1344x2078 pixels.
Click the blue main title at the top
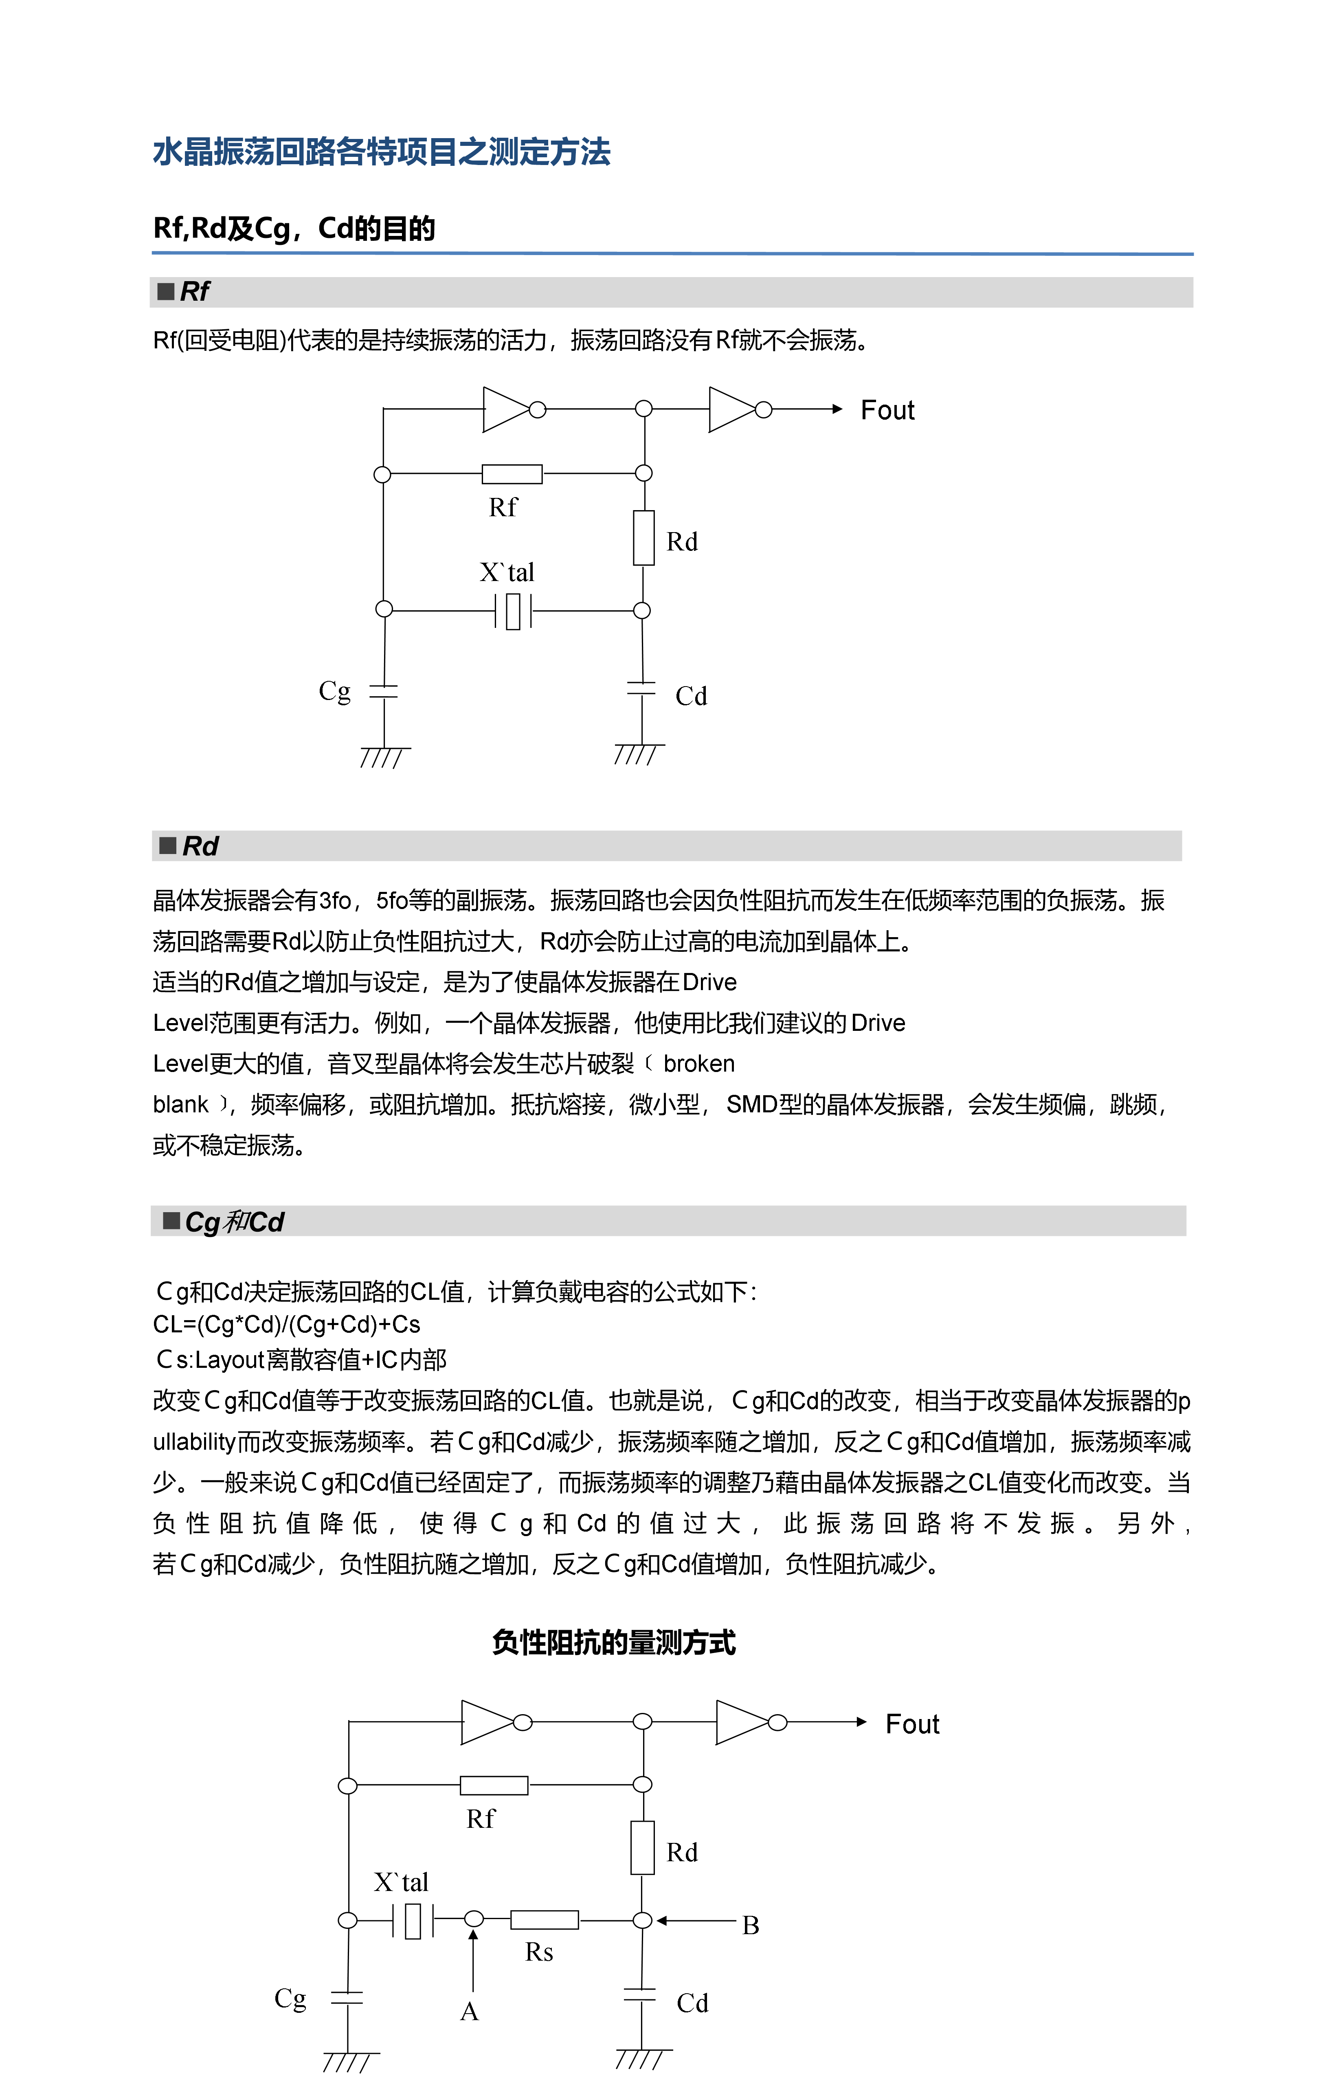click(x=381, y=152)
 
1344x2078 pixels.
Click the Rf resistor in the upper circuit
click(x=512, y=474)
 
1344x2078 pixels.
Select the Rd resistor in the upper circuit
click(x=644, y=538)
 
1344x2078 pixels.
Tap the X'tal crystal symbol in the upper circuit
click(x=513, y=610)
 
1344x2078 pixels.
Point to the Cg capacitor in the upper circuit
click(x=384, y=691)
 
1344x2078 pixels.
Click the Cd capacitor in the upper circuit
click(x=641, y=689)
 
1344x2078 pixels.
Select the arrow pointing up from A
click(x=473, y=1964)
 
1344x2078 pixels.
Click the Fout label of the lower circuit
click(x=912, y=1724)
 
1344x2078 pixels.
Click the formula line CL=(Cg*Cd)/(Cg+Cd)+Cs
click(x=286, y=1325)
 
